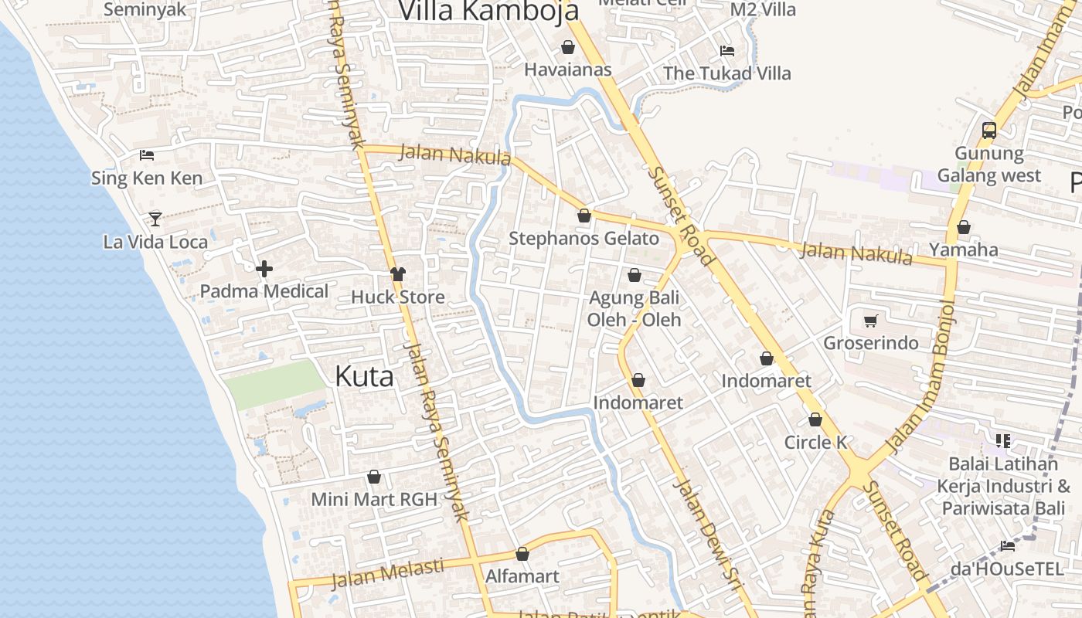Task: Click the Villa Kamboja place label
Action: (x=488, y=11)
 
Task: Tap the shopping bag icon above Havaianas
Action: (x=568, y=47)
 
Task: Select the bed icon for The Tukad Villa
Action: (x=727, y=51)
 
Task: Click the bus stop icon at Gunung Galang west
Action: (x=988, y=130)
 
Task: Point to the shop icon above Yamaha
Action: (x=964, y=227)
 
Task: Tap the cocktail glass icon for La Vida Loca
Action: (x=155, y=219)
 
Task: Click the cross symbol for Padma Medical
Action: (x=264, y=269)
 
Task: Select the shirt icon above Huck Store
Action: (x=398, y=274)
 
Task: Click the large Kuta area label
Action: (x=364, y=376)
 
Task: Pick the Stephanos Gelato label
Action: (x=584, y=239)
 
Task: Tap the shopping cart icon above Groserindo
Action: (x=871, y=321)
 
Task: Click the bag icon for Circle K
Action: (x=815, y=420)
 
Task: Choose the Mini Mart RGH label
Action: (x=374, y=499)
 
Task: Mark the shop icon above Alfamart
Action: (x=522, y=554)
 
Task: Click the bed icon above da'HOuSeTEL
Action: (x=1008, y=546)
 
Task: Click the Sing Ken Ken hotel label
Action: (x=147, y=178)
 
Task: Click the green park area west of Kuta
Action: (x=275, y=384)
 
